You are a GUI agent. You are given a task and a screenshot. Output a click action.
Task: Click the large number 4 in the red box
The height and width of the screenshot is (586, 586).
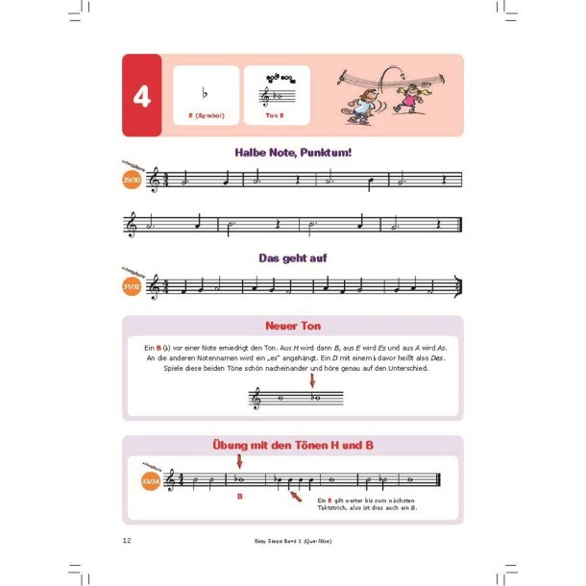point(142,96)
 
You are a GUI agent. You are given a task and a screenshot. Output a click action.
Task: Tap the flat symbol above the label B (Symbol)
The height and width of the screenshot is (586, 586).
point(205,93)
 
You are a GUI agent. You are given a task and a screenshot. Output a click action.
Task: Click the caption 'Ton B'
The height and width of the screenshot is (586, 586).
point(277,116)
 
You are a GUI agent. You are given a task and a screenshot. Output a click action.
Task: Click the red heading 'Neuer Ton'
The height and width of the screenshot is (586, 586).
point(292,327)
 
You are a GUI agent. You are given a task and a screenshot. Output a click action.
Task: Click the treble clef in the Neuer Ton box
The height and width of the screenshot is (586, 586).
point(257,398)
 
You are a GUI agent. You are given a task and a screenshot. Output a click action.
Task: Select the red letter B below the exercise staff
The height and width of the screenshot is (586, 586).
point(240,498)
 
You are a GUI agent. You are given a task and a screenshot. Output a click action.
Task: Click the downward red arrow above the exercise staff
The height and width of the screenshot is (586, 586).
point(239,462)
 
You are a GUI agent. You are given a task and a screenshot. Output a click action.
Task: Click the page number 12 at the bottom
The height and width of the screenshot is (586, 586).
point(127,541)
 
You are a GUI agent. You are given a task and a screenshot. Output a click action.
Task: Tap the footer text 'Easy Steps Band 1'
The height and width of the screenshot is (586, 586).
point(279,542)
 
